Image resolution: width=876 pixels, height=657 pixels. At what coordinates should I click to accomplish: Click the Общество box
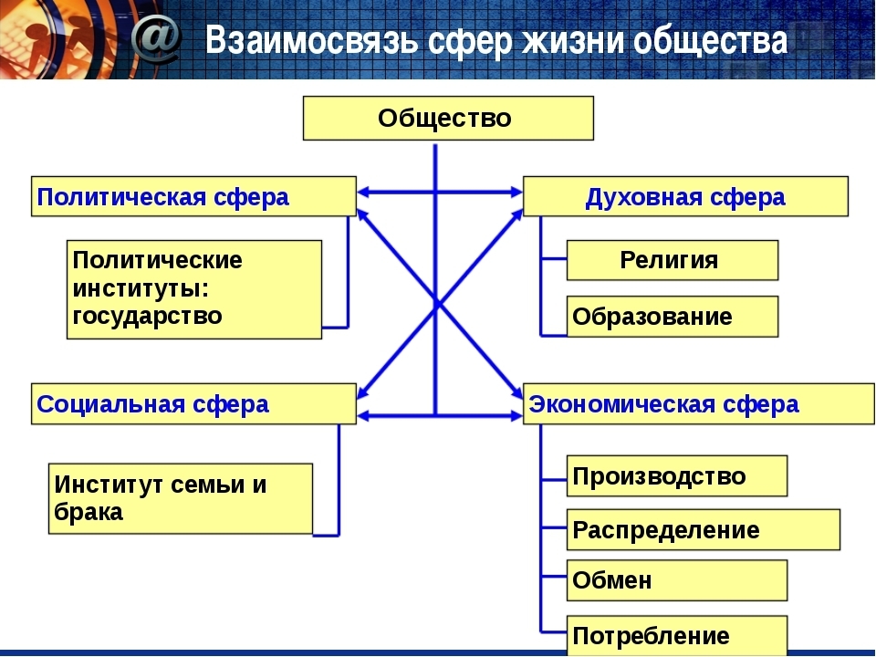point(448,118)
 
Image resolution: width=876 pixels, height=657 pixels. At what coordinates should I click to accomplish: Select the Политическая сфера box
point(193,196)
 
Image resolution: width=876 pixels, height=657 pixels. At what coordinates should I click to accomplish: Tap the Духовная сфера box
point(685,196)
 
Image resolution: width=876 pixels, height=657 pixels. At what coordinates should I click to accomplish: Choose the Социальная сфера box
point(193,404)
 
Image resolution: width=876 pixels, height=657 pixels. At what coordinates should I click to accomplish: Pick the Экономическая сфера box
point(699,404)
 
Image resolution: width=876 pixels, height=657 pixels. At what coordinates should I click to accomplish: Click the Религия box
point(673,260)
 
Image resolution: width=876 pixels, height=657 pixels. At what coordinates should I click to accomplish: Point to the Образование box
point(673,317)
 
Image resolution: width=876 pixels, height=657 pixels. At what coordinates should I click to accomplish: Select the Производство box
point(677,476)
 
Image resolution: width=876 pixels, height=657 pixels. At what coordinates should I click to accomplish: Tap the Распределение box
point(704,529)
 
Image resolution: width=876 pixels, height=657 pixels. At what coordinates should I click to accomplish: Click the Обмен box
point(677,580)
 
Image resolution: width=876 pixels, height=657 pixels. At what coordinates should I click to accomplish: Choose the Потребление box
point(677,636)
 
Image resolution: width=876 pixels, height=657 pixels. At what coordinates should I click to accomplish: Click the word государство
point(148,317)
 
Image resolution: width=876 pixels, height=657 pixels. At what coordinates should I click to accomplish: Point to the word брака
point(89,512)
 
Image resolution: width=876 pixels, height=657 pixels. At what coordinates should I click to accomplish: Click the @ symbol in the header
point(156,38)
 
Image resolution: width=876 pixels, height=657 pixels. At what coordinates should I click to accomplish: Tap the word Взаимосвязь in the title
point(311,40)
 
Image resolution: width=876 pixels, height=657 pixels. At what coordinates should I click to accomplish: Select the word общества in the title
point(711,41)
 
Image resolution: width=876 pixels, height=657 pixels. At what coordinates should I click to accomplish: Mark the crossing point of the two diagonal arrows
point(436,304)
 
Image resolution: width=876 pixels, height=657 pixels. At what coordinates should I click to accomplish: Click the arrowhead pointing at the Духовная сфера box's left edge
point(516,193)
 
